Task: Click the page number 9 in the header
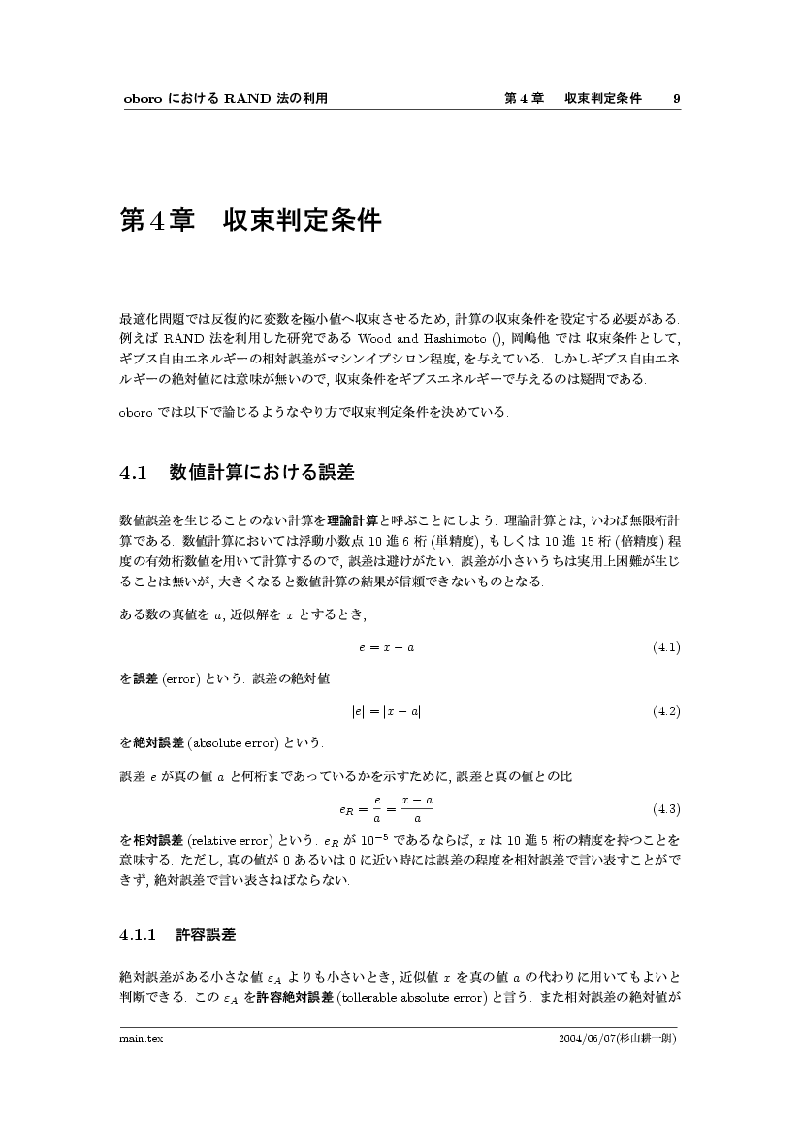point(676,98)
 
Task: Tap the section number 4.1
point(133,473)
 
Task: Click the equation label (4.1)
point(666,647)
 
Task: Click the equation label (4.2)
point(666,711)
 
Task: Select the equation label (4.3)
point(666,808)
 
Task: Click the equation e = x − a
point(386,647)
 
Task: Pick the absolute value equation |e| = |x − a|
point(386,711)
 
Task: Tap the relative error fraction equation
point(386,808)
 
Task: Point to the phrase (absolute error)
point(220,743)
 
